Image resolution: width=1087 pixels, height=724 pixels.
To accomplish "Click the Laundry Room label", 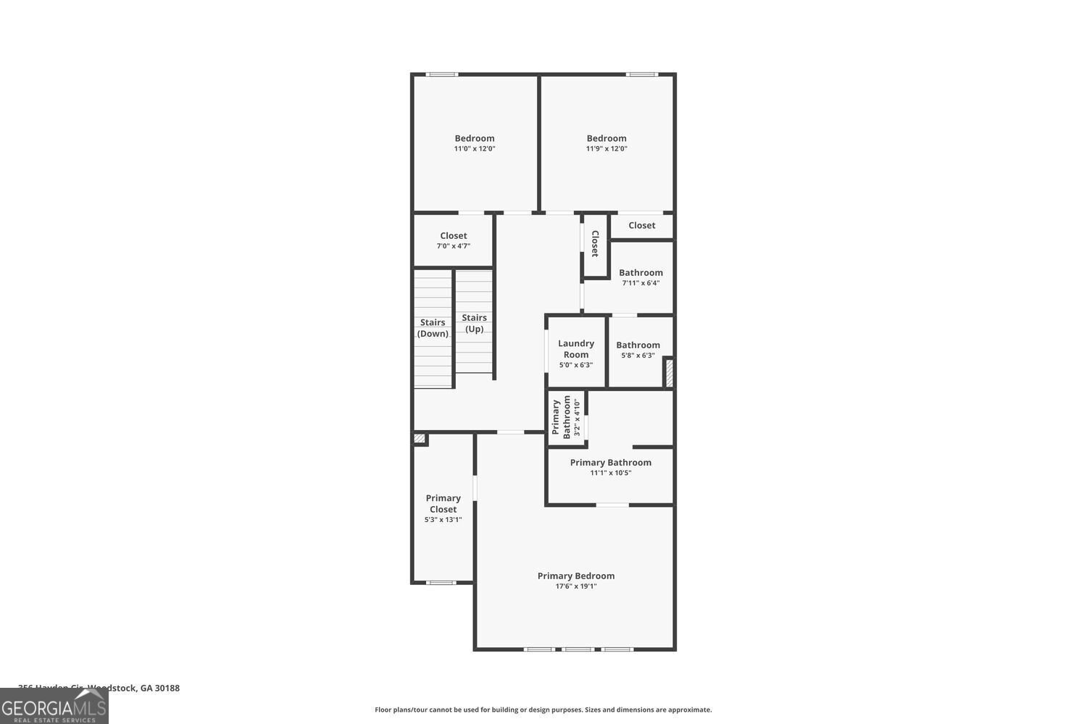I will click(576, 349).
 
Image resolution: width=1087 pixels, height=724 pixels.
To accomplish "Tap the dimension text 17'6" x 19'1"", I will click(576, 586).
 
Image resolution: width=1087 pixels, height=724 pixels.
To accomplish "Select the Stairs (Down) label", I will click(433, 328).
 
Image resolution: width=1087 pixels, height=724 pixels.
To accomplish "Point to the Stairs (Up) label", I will click(475, 323).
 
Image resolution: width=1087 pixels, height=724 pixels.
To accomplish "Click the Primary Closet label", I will click(443, 503).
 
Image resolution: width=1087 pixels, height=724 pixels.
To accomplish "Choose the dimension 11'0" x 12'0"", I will click(475, 148).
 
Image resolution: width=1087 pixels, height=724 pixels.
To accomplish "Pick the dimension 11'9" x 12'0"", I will click(607, 148).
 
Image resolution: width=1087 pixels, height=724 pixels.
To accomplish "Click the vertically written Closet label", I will click(595, 244).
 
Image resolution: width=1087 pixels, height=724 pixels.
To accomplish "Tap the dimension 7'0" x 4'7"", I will click(454, 246).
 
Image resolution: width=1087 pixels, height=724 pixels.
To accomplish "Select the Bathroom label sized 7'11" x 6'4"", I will click(641, 273).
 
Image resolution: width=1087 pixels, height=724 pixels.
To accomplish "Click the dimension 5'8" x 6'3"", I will click(638, 355).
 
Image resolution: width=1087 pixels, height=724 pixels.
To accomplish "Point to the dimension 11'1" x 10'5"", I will click(611, 473).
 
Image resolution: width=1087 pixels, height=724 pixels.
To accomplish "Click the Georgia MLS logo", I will click(54, 706).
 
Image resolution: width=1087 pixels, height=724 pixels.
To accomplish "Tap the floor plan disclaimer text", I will click(543, 710).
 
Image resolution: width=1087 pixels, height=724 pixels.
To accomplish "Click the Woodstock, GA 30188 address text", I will click(99, 688).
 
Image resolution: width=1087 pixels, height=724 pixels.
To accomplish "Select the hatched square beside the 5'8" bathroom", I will click(669, 372).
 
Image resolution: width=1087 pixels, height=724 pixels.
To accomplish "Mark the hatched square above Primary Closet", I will click(420, 439).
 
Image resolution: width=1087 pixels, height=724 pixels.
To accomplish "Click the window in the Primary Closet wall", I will click(441, 582).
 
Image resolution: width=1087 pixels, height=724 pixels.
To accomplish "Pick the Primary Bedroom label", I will click(576, 576).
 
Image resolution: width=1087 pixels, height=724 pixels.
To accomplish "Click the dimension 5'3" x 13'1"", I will click(443, 520).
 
